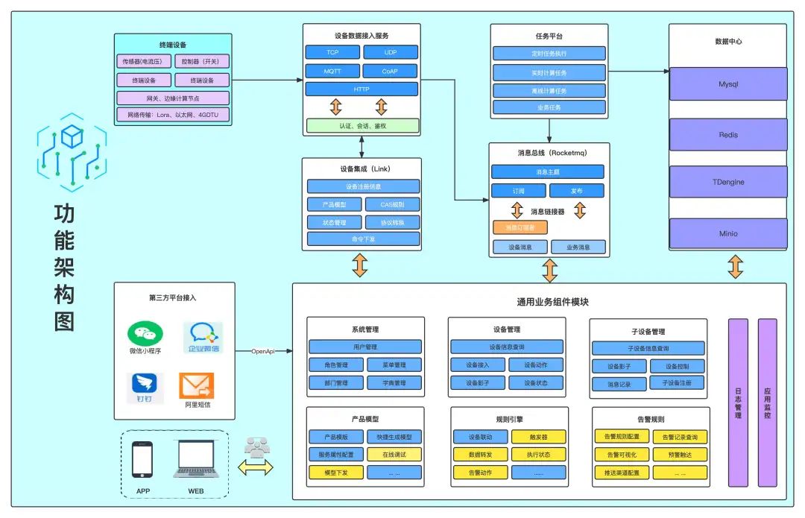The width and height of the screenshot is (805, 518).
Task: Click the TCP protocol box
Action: [332, 52]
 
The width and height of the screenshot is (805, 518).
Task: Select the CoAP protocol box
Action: [391, 72]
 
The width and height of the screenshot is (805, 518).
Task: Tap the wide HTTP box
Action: [362, 89]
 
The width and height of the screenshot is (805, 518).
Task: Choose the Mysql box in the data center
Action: [727, 83]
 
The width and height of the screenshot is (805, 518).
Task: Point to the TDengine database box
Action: [727, 182]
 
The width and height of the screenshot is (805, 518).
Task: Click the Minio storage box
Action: [727, 233]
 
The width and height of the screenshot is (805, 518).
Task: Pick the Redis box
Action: [727, 135]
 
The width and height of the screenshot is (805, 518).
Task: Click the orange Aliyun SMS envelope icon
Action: [196, 386]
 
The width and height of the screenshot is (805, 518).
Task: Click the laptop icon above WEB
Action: [196, 459]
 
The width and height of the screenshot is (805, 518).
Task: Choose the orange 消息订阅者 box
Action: [520, 227]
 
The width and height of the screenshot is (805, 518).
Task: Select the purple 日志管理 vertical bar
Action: [738, 402]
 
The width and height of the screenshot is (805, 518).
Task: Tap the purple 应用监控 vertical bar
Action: [767, 402]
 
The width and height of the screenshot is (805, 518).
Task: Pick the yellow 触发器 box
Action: [539, 437]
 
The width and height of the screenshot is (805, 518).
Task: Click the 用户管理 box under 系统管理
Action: [365, 347]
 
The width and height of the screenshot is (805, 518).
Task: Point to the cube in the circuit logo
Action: [72, 136]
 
